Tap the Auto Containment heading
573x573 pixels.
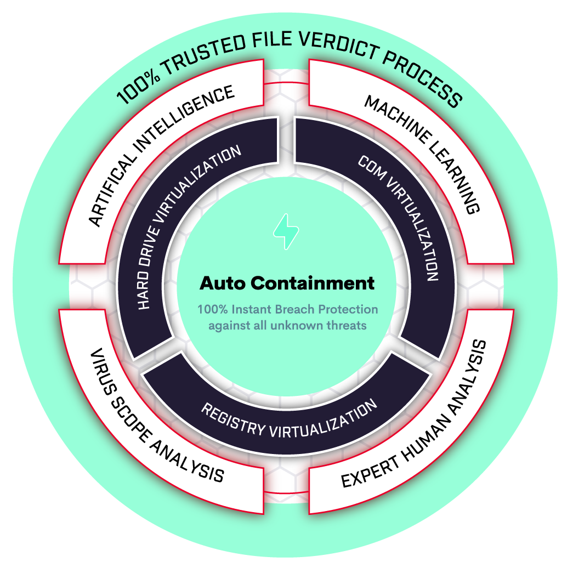[x=287, y=283]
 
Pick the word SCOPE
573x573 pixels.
[x=130, y=419]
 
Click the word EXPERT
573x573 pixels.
[x=371, y=472]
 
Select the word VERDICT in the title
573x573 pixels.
[x=338, y=45]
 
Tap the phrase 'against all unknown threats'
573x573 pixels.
[x=287, y=325]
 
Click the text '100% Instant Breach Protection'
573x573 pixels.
[x=287, y=309]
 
